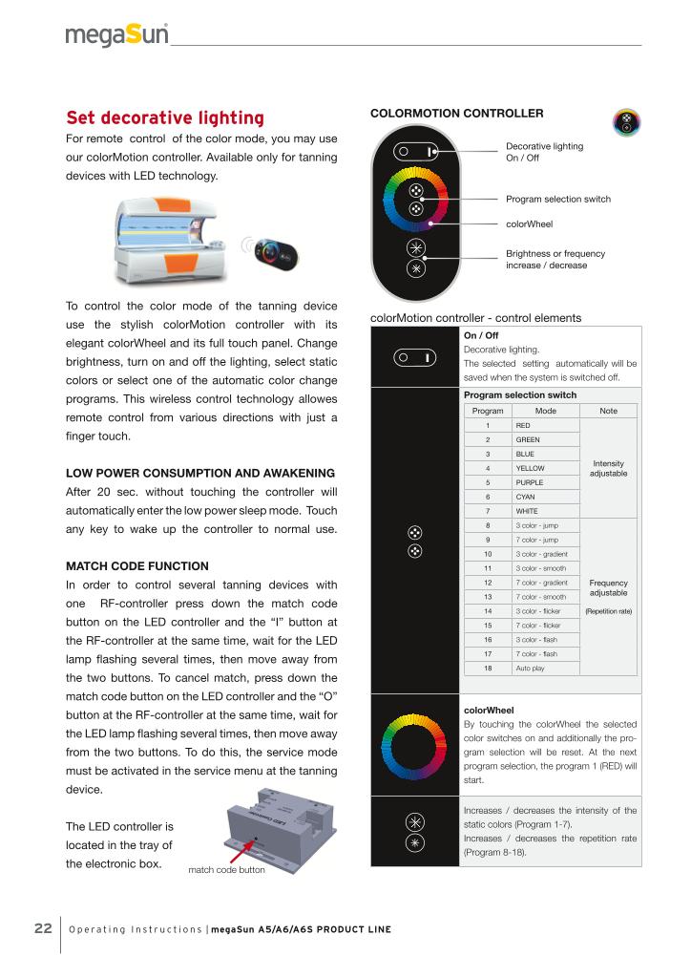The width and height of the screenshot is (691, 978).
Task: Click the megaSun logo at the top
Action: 117,35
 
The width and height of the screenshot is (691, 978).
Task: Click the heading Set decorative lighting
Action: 165,117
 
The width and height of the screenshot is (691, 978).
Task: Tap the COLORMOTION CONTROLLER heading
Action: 456,114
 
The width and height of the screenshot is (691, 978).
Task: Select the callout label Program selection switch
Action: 557,199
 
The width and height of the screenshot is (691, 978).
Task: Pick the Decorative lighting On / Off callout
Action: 544,152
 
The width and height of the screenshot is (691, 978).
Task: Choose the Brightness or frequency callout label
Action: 555,259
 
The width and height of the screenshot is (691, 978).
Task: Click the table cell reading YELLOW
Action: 530,468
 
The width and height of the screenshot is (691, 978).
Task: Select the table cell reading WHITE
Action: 528,511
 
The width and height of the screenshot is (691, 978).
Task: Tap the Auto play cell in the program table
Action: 532,669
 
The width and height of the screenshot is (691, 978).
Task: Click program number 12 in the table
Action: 488,583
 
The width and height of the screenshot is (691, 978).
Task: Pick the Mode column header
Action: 545,411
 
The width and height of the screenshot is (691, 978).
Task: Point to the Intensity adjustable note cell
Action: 608,468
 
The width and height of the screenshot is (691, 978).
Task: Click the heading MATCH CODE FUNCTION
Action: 137,566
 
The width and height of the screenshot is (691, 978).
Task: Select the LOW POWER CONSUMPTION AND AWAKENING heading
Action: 200,474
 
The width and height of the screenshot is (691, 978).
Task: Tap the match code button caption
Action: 226,870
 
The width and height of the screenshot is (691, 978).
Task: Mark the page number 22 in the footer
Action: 43,928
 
